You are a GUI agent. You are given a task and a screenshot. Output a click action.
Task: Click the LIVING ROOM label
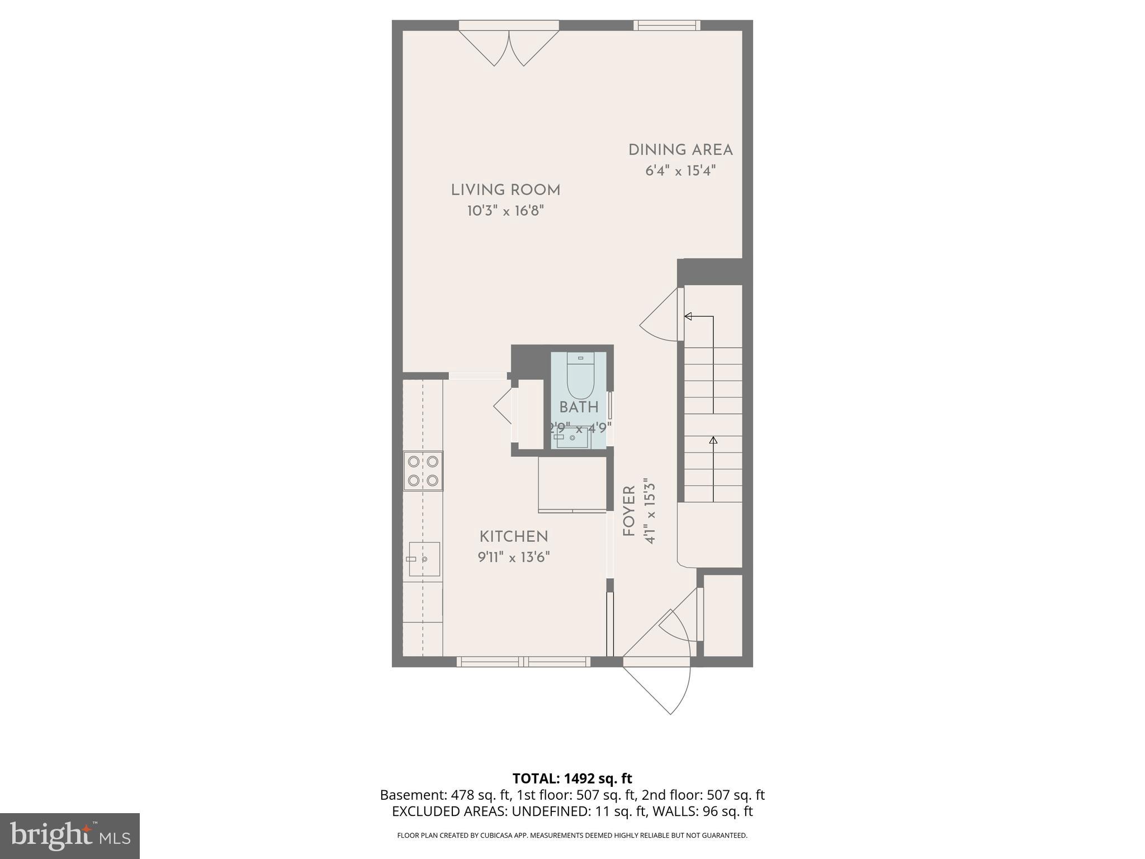click(505, 190)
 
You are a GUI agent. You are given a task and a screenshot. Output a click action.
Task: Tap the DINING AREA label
click(680, 150)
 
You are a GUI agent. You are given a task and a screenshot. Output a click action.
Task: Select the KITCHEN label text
click(514, 537)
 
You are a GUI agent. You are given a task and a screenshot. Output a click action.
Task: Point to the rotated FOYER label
click(630, 512)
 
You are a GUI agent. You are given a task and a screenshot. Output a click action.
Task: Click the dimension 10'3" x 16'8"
click(505, 211)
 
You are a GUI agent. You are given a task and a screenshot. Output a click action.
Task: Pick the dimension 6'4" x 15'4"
click(680, 171)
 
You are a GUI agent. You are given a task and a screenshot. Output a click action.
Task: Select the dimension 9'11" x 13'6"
click(514, 558)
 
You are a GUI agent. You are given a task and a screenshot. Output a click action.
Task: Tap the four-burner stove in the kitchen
click(423, 471)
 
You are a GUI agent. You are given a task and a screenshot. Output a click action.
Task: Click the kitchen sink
click(424, 559)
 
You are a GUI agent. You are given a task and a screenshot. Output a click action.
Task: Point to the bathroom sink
click(571, 438)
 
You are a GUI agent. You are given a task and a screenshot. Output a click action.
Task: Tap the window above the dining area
click(666, 25)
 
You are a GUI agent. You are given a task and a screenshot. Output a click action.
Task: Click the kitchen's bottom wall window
click(523, 662)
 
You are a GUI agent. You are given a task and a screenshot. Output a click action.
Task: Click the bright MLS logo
click(69, 836)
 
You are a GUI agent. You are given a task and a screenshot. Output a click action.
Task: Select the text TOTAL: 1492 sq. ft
click(572, 778)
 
